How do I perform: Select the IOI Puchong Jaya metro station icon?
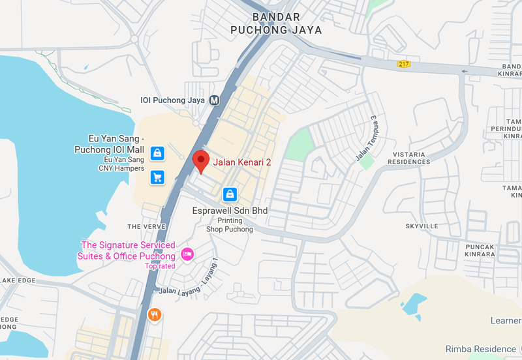[x=214, y=100]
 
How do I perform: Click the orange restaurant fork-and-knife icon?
[x=155, y=314]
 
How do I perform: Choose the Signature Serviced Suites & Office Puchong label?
[x=127, y=250]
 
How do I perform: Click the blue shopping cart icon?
[x=157, y=177]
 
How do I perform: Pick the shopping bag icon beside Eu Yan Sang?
[x=157, y=153]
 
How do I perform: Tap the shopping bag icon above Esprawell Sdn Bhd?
[x=230, y=194]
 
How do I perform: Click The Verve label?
[x=143, y=226]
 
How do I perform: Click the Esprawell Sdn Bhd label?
[x=230, y=211]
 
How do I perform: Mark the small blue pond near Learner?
[x=414, y=303]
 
